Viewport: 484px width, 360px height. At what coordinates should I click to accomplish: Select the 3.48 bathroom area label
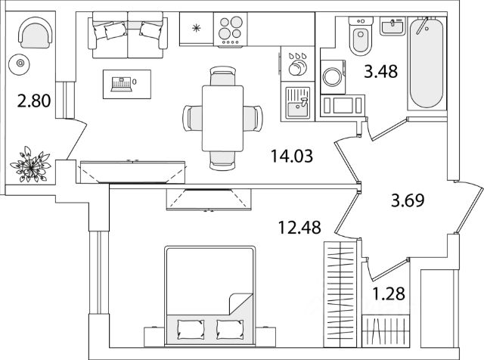[380, 73]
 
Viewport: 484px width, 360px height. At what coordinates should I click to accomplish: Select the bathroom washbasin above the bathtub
[394, 27]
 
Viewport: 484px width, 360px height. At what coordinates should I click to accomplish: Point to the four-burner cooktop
[231, 31]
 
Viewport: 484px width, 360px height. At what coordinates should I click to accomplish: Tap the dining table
[223, 116]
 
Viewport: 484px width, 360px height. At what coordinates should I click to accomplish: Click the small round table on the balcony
[20, 64]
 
